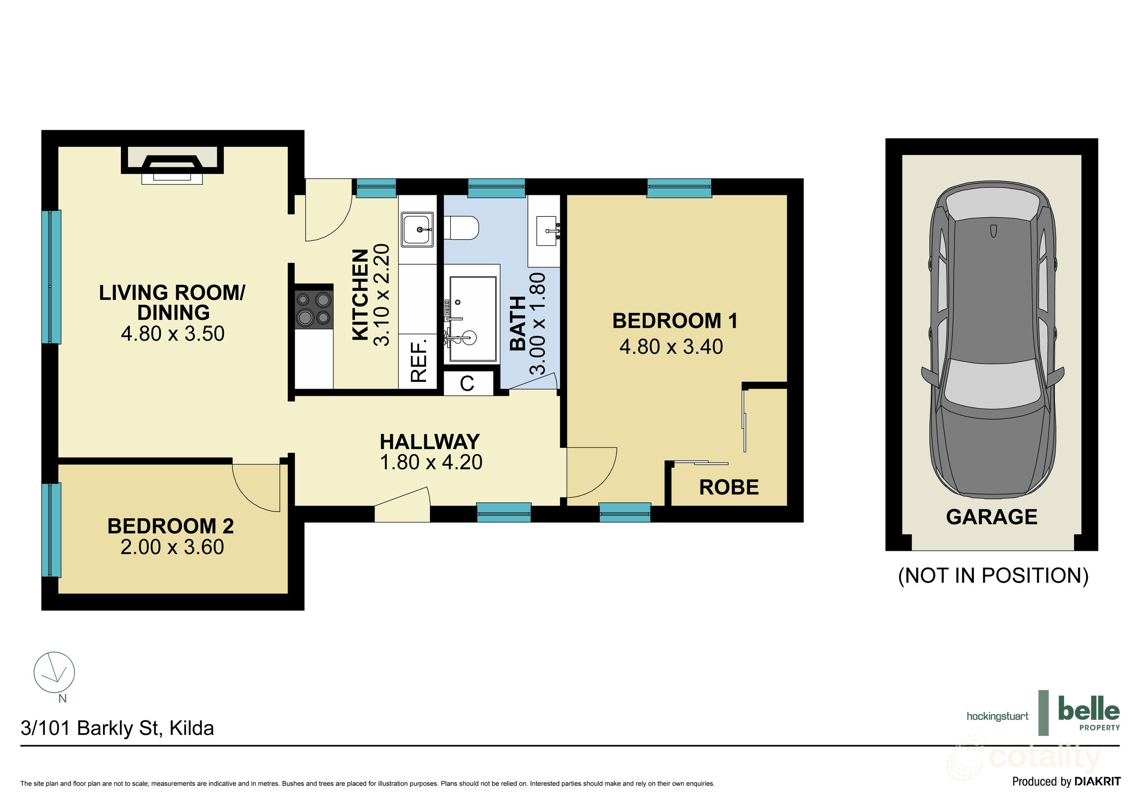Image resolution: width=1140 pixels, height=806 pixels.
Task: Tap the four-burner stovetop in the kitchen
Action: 313,308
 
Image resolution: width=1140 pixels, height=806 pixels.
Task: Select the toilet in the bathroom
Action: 461,228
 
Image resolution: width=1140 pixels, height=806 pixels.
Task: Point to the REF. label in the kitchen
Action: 419,360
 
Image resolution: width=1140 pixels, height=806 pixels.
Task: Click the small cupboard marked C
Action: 467,383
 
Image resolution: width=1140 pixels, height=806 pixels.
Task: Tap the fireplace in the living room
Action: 172,165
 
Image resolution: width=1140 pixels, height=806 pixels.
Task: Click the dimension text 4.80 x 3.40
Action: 671,347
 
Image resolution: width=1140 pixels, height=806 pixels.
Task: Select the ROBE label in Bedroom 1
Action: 728,487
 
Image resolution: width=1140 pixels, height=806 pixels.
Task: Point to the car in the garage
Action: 992,343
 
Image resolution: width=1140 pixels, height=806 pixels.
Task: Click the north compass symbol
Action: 54,673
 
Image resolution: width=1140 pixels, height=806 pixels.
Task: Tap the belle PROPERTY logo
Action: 1089,713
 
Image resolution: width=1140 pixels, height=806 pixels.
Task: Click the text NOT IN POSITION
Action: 993,575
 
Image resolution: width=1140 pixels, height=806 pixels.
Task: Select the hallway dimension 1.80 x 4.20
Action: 431,462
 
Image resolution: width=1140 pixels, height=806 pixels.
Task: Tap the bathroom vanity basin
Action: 547,231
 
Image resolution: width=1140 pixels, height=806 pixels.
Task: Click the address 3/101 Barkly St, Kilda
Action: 117,728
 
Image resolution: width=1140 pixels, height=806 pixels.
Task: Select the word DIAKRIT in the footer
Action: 1097,782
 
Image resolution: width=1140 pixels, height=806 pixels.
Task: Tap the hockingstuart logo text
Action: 997,716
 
